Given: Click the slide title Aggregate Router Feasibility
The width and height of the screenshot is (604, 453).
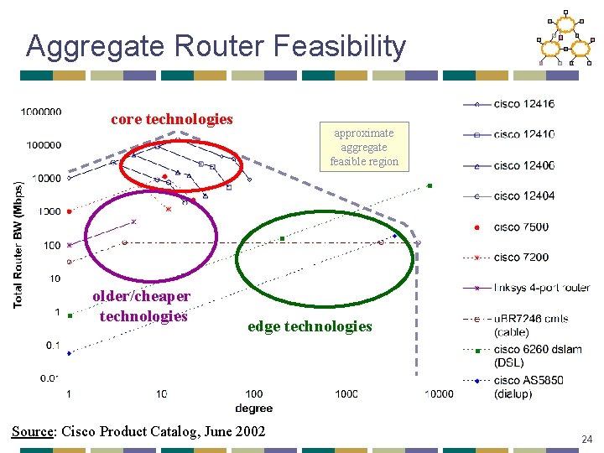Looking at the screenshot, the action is [x=216, y=45].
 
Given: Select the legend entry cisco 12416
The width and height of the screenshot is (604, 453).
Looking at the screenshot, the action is [x=523, y=104].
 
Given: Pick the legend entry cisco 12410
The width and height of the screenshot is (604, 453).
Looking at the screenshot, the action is [x=523, y=134].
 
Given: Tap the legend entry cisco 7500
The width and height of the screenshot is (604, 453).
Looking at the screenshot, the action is [x=521, y=226].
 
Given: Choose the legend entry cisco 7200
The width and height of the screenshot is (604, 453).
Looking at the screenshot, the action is [x=521, y=257].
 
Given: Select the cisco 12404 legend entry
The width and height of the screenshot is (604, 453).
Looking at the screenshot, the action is [x=523, y=195].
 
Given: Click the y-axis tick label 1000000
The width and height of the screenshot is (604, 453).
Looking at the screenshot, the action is [x=42, y=111].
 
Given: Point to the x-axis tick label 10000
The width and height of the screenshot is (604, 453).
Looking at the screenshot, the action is [x=437, y=393].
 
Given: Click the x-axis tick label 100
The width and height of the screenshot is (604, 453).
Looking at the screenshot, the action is [x=253, y=393].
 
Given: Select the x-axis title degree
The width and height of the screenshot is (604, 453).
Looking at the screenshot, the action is [x=253, y=408].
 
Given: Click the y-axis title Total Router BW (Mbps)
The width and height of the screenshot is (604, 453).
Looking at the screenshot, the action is [x=18, y=243].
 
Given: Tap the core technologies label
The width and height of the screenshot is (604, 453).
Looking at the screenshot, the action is [x=172, y=119].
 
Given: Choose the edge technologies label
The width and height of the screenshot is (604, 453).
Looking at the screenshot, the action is [x=310, y=326].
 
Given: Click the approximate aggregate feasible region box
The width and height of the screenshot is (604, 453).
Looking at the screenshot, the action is [x=363, y=147].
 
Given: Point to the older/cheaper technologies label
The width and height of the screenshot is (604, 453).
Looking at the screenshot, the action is [x=142, y=306].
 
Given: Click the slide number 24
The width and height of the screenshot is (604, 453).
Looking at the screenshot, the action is [x=587, y=438].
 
